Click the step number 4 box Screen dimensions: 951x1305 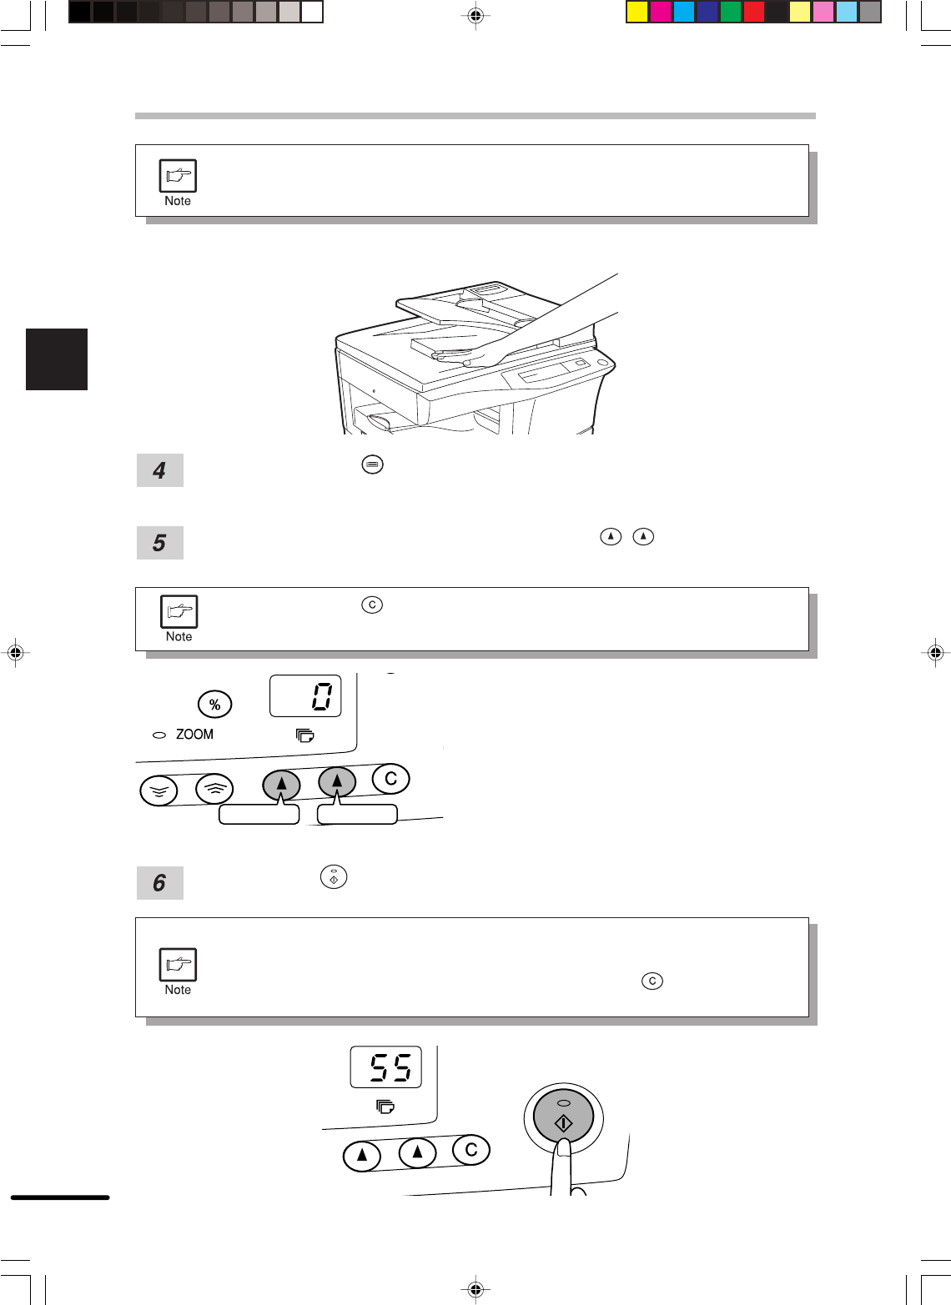point(159,470)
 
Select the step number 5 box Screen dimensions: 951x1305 point(159,542)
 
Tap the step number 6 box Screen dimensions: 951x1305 point(159,882)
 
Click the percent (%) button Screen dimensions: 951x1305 point(214,705)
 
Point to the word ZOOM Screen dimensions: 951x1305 point(194,734)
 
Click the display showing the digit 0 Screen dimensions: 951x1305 point(305,695)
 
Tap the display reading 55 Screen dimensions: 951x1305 point(385,1067)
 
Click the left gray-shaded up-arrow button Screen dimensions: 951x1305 point(281,785)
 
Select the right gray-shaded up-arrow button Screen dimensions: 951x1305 point(337,781)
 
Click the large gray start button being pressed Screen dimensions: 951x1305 point(563,1116)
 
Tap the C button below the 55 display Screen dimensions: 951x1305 point(471,1149)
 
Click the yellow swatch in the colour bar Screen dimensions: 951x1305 point(637,12)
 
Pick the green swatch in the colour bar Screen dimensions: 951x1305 point(730,12)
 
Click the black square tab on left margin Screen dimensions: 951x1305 point(57,359)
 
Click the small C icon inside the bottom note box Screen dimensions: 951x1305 point(652,981)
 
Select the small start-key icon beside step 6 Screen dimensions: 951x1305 point(334,876)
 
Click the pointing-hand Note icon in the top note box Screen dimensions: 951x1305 point(178,175)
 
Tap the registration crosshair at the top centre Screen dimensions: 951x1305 point(475,15)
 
